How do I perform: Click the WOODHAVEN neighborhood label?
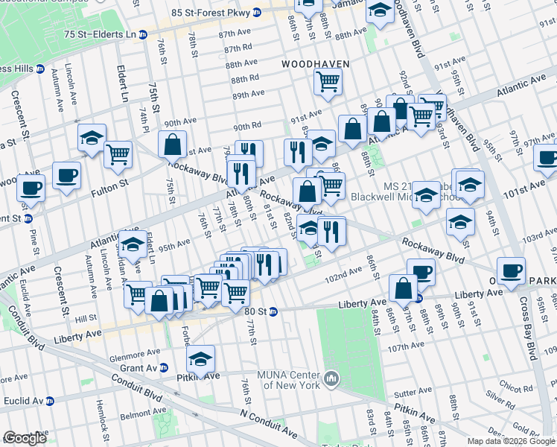point(315,65)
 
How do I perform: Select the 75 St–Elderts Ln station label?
point(101,35)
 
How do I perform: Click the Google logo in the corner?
point(25,439)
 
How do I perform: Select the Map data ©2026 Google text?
point(511,441)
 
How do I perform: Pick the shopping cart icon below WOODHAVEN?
point(327,82)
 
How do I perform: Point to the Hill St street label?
point(86,318)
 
